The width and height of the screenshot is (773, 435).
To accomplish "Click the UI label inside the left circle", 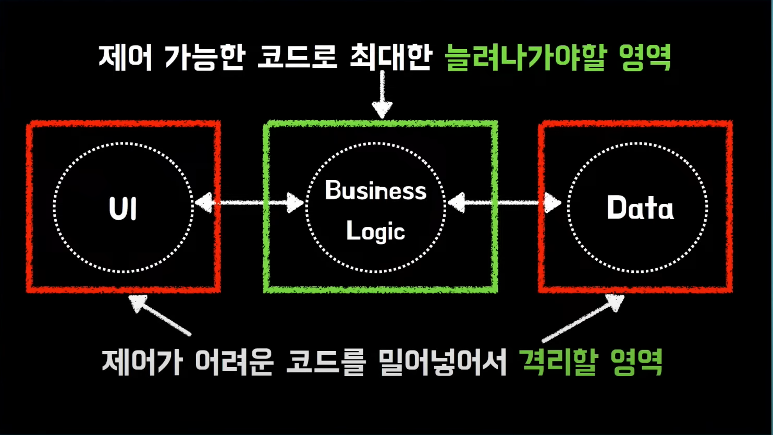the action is tap(123, 208).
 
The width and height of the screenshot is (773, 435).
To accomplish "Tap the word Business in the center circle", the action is tap(375, 190).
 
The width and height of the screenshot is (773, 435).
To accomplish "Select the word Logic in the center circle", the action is tap(375, 231).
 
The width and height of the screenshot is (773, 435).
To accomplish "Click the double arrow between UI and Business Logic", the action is tap(249, 202).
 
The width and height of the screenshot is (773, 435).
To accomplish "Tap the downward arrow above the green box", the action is tap(382, 94).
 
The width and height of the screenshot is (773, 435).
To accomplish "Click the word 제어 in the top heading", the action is tap(125, 57).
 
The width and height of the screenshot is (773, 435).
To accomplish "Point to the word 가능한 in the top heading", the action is tap(204, 57).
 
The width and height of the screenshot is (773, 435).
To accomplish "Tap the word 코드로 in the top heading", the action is tap(297, 57).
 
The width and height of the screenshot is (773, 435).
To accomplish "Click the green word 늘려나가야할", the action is tap(526, 57).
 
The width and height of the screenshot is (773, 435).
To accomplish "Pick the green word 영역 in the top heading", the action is tap(645, 57).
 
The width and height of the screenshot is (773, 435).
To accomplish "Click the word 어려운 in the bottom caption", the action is tap(234, 361).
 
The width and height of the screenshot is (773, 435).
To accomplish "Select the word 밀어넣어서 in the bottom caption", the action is tap(443, 361).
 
